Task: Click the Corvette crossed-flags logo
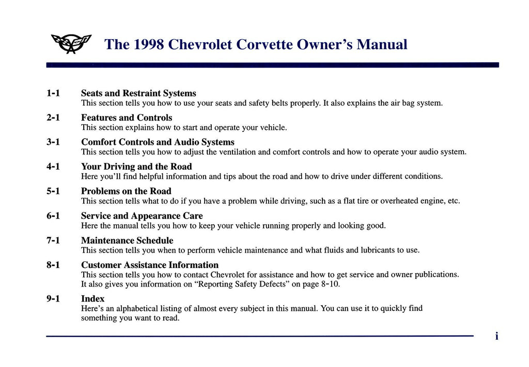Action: pos(71,44)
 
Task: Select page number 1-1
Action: pos(53,93)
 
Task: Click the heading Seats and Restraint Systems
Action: pos(138,93)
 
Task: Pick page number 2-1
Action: pos(53,118)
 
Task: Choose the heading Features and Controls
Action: pos(127,118)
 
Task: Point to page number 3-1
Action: pos(53,142)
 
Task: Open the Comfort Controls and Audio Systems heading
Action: pos(158,142)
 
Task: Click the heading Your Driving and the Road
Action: pos(136,166)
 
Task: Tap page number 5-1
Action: pos(53,191)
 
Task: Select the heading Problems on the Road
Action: pos(126,191)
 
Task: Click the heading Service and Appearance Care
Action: pos(142,216)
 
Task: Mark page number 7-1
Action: pos(53,240)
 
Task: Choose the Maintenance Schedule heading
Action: pos(127,241)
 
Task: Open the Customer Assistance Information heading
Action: pos(150,265)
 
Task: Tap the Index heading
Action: pos(92,299)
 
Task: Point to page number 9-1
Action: pos(53,299)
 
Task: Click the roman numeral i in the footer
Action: pos(496,337)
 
